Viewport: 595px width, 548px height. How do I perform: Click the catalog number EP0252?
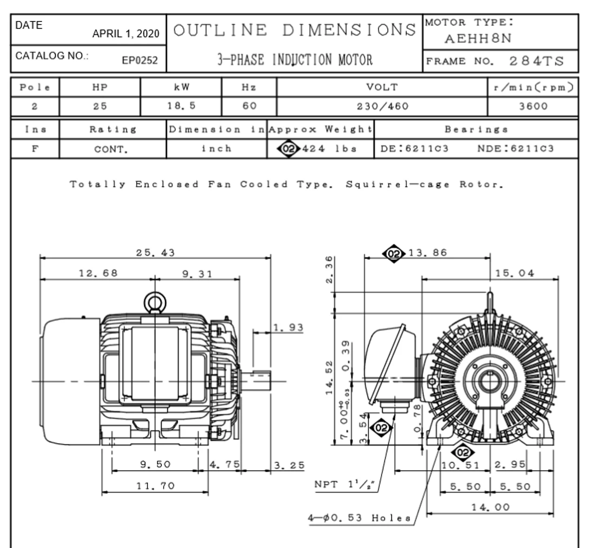pyautogui.click(x=139, y=60)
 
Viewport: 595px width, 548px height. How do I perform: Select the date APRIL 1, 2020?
pyautogui.click(x=126, y=33)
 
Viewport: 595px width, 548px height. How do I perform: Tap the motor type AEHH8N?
pyautogui.click(x=478, y=39)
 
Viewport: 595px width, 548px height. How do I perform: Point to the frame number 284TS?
pyautogui.click(x=536, y=61)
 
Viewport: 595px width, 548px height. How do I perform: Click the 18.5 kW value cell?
pyautogui.click(x=181, y=106)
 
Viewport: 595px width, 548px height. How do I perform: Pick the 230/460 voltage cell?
pyautogui.click(x=383, y=106)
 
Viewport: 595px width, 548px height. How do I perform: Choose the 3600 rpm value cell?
pyautogui.click(x=533, y=106)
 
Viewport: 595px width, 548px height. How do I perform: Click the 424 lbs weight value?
pyautogui.click(x=330, y=149)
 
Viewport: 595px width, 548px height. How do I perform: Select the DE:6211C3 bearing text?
pyautogui.click(x=414, y=149)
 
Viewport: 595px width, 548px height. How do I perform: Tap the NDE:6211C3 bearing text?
pyautogui.click(x=516, y=149)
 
